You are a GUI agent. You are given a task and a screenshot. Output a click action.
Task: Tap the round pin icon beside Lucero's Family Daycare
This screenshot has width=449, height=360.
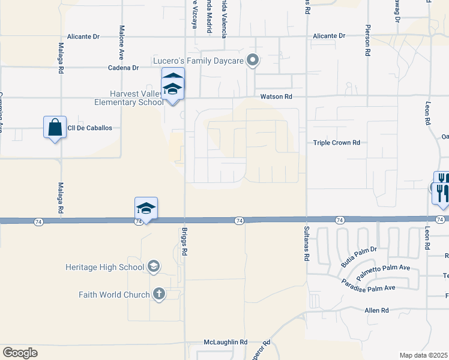pos(253,60)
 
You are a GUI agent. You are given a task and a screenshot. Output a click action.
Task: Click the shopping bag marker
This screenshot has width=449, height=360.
pos(55,128)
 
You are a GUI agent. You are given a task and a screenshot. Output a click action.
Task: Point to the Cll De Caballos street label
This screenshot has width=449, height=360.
pos(91,128)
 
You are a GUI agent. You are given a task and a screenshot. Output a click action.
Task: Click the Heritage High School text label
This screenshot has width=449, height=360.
pos(106,267)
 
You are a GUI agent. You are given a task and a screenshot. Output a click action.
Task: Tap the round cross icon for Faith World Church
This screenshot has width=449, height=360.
pos(158,294)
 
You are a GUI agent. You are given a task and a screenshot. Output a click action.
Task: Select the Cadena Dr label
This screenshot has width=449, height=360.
pos(123,68)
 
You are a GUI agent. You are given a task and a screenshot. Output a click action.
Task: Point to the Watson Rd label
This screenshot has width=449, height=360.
pos(276,97)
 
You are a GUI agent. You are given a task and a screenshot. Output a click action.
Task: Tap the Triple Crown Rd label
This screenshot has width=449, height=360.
pos(337,143)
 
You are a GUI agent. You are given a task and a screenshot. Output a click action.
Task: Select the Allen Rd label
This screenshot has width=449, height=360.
pos(377,310)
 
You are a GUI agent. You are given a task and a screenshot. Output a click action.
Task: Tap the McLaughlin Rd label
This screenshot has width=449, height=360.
pos(225,342)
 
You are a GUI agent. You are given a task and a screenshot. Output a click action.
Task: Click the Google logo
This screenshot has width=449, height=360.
pos(20,353)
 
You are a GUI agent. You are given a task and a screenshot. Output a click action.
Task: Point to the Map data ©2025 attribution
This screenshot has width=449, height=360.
pos(423,355)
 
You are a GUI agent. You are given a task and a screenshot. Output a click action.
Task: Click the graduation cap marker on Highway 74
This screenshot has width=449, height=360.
pos(146,208)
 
